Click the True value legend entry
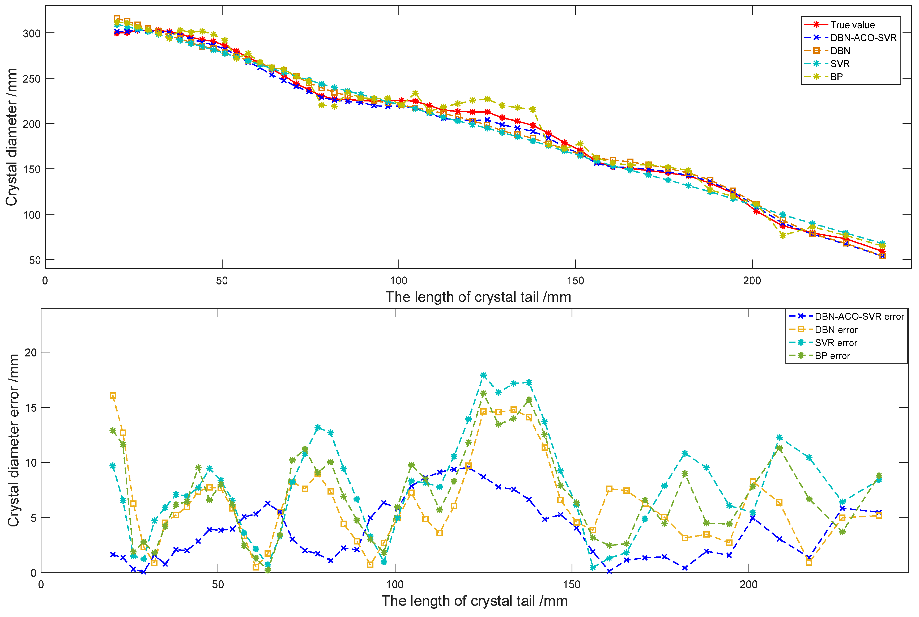[x=852, y=25]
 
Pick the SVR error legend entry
[x=835, y=343]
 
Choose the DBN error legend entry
[x=836, y=330]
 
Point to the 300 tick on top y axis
[x=31, y=33]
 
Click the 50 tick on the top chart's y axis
[x=35, y=260]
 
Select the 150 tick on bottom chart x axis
[x=571, y=585]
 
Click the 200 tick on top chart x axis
[x=752, y=280]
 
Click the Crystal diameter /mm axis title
[x=12, y=137]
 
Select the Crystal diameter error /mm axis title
[x=14, y=440]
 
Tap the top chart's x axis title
[x=478, y=297]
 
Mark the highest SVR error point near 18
[x=483, y=375]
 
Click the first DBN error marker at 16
[x=113, y=396]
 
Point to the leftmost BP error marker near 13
[x=113, y=431]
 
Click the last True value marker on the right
[x=882, y=252]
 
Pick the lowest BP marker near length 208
[x=782, y=235]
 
